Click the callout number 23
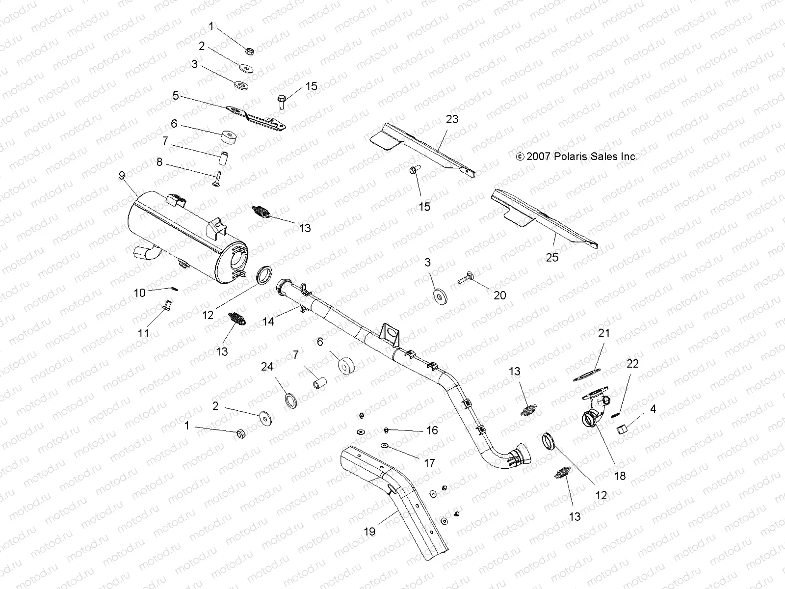click(x=452, y=119)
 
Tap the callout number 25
click(x=552, y=257)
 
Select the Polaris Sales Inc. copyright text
click(x=577, y=157)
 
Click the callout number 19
click(x=369, y=531)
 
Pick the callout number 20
click(x=499, y=295)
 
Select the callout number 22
click(x=632, y=364)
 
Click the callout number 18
click(x=620, y=476)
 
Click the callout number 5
click(x=176, y=95)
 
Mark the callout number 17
click(x=429, y=463)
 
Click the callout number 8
click(x=159, y=162)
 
